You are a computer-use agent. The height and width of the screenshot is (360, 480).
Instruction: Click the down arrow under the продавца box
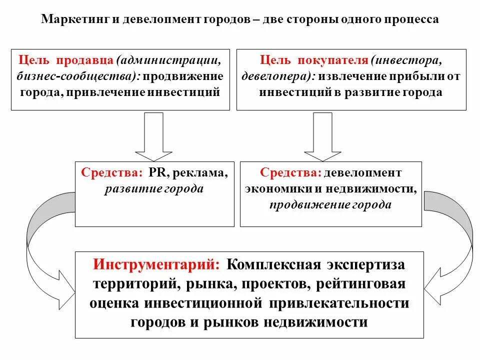tap(154, 135)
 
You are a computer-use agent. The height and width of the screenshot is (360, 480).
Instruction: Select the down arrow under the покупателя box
tap(323, 135)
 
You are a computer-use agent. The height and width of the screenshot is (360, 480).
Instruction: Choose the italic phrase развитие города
tap(154, 188)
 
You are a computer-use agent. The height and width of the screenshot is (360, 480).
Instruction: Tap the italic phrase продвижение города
tap(330, 204)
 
